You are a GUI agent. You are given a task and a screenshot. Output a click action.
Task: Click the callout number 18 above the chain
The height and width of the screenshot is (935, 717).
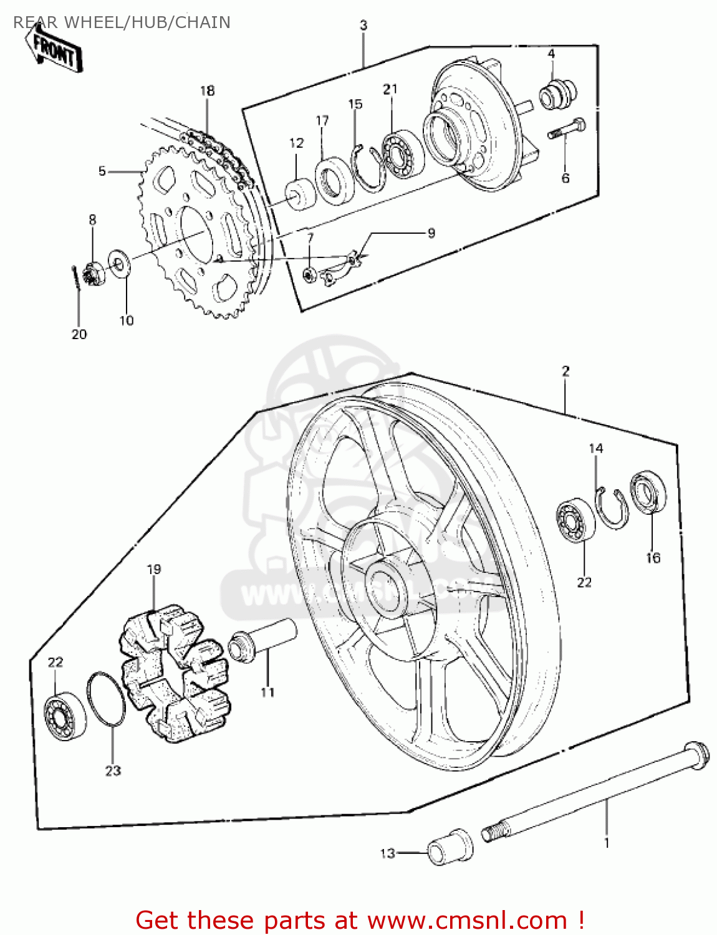coord(207,90)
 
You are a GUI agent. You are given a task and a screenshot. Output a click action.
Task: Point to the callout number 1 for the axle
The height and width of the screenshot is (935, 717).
coord(606,843)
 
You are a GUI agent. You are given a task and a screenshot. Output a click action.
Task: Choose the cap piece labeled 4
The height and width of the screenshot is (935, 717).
coord(557,93)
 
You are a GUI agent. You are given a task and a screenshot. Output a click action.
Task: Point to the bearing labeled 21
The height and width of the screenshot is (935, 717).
coord(403,154)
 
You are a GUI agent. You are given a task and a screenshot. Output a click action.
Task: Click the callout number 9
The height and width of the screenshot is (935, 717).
coord(431,233)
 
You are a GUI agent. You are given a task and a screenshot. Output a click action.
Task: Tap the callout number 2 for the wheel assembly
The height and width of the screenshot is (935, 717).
coord(565,372)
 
